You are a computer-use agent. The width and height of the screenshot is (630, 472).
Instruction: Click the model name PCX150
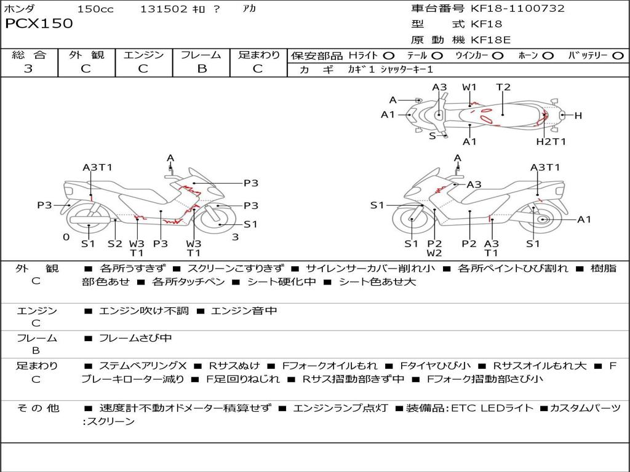(39, 24)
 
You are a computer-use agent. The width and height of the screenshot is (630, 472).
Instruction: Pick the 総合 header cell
(29, 55)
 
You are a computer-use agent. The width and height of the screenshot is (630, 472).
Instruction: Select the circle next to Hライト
(388, 56)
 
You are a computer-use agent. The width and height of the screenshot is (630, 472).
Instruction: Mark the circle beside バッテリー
(618, 56)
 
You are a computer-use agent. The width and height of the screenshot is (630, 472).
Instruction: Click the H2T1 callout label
(551, 142)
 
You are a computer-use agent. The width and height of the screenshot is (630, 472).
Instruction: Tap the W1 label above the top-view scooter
(469, 87)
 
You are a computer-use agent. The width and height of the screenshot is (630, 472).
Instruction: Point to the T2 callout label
(503, 87)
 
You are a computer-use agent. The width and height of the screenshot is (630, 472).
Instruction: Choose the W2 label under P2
(434, 253)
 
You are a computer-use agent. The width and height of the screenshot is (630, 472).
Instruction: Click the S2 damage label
(115, 243)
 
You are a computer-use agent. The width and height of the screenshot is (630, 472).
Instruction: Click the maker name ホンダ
(20, 9)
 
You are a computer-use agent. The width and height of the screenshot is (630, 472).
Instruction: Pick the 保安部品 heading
(316, 56)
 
